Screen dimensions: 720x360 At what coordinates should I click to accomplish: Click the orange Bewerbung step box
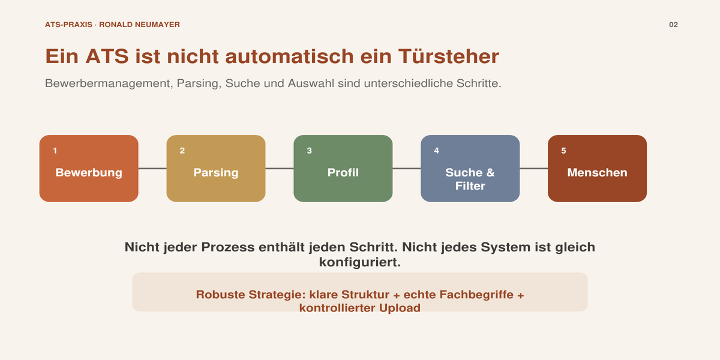pyautogui.click(x=89, y=169)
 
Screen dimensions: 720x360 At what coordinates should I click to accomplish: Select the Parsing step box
pyautogui.click(x=216, y=169)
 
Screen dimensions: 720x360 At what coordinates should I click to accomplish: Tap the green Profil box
pyautogui.click(x=343, y=169)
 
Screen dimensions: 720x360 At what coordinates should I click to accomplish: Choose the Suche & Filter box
pyautogui.click(x=470, y=169)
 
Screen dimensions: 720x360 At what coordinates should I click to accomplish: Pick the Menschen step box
pyautogui.click(x=597, y=169)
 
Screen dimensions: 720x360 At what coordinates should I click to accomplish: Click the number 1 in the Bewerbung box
pyautogui.click(x=55, y=151)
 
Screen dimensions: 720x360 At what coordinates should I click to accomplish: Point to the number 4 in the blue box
pyautogui.click(x=437, y=151)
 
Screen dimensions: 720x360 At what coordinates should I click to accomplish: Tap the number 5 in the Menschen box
pyautogui.click(x=563, y=151)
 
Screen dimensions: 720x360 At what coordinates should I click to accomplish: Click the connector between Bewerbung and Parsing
pyautogui.click(x=152, y=168)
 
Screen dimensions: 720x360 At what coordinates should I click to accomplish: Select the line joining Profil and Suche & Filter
pyautogui.click(x=407, y=168)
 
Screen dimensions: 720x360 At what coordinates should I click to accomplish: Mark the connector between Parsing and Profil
pyautogui.click(x=280, y=168)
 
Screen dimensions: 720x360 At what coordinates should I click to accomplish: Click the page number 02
pyautogui.click(x=673, y=25)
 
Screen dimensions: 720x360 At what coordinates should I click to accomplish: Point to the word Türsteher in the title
pyautogui.click(x=449, y=56)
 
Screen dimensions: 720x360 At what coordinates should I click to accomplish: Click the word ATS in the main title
pyautogui.click(x=107, y=56)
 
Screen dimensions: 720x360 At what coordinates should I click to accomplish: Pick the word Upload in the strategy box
pyautogui.click(x=400, y=308)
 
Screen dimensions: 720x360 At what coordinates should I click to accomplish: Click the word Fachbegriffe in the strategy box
pyautogui.click(x=476, y=295)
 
